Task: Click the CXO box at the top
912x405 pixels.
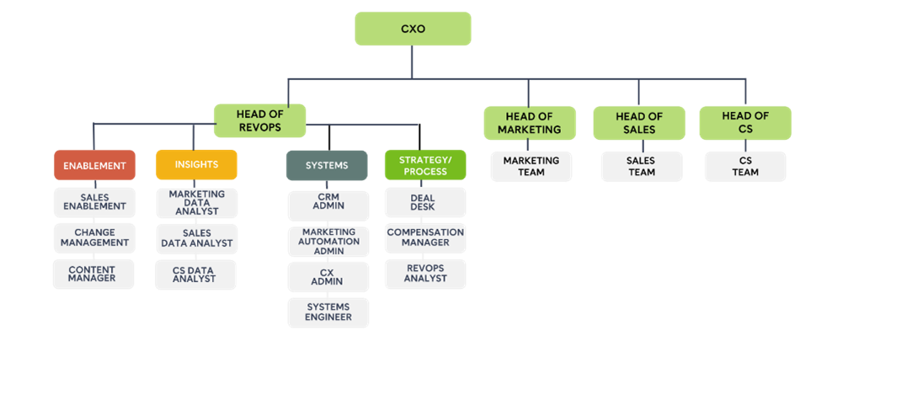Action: pos(413,29)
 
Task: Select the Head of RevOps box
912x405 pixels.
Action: pos(259,121)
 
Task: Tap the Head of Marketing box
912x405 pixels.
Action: pos(529,123)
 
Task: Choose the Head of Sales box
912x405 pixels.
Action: pos(639,123)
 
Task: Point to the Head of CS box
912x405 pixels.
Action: pos(745,123)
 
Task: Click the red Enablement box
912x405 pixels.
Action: pos(94,166)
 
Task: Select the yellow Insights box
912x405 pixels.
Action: pos(196,165)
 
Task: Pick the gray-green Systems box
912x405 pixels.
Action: pos(327,166)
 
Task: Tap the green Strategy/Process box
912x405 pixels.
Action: pos(425,165)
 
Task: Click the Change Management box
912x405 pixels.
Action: pos(94,237)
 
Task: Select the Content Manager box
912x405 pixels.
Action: pos(93,274)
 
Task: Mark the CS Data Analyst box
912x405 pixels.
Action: pos(195,274)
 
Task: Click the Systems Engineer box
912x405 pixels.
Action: pos(328,312)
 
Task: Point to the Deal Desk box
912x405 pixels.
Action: pos(424,203)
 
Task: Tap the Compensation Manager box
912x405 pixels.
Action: pos(425,237)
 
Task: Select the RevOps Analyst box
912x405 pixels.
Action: pos(425,274)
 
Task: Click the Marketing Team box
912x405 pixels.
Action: pos(531,167)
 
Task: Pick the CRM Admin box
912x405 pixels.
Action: pos(328,201)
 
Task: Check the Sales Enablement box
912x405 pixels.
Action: pos(94,202)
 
